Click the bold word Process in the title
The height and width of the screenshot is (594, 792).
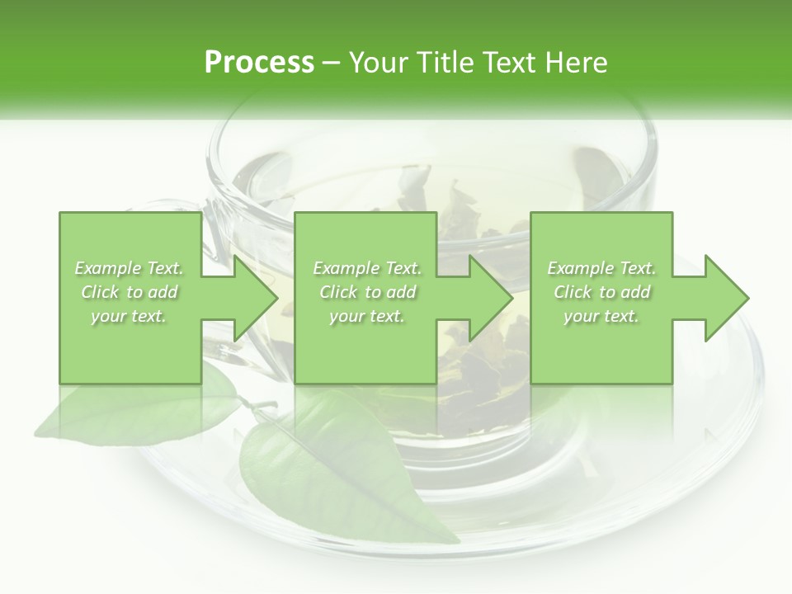[x=259, y=62]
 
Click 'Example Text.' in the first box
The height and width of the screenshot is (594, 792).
[x=130, y=268]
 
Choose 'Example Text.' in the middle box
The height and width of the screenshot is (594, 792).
[x=367, y=268]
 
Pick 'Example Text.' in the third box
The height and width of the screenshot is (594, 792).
[x=601, y=268]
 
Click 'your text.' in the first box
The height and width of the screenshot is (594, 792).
[x=129, y=316]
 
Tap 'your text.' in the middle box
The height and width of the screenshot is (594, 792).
[x=366, y=316]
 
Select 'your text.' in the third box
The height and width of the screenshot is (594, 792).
[x=601, y=316]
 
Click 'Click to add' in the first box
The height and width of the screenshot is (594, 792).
[x=130, y=292]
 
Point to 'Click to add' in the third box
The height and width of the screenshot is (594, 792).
[x=602, y=292]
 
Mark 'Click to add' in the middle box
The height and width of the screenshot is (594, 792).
[x=367, y=292]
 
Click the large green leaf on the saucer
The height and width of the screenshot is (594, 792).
[x=346, y=470]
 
